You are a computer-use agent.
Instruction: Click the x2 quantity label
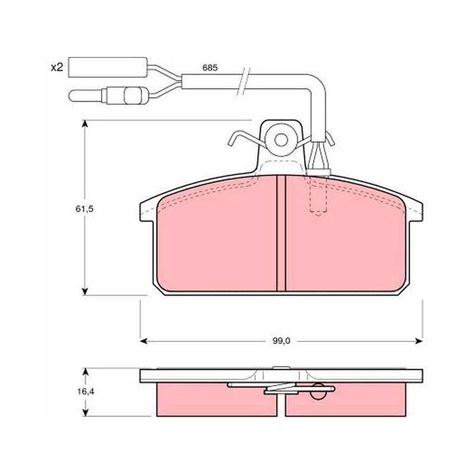[x=56, y=67]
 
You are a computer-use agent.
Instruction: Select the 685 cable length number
[x=210, y=68]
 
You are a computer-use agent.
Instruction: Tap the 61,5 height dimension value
[x=84, y=209]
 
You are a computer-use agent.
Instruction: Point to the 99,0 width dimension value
[x=281, y=341]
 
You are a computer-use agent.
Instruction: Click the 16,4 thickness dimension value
[x=85, y=391]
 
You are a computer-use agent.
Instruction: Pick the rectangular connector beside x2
[x=108, y=67]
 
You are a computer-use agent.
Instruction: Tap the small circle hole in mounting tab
[x=281, y=140]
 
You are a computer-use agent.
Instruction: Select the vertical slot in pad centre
[x=281, y=233]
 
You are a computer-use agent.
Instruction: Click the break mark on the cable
[x=244, y=81]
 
